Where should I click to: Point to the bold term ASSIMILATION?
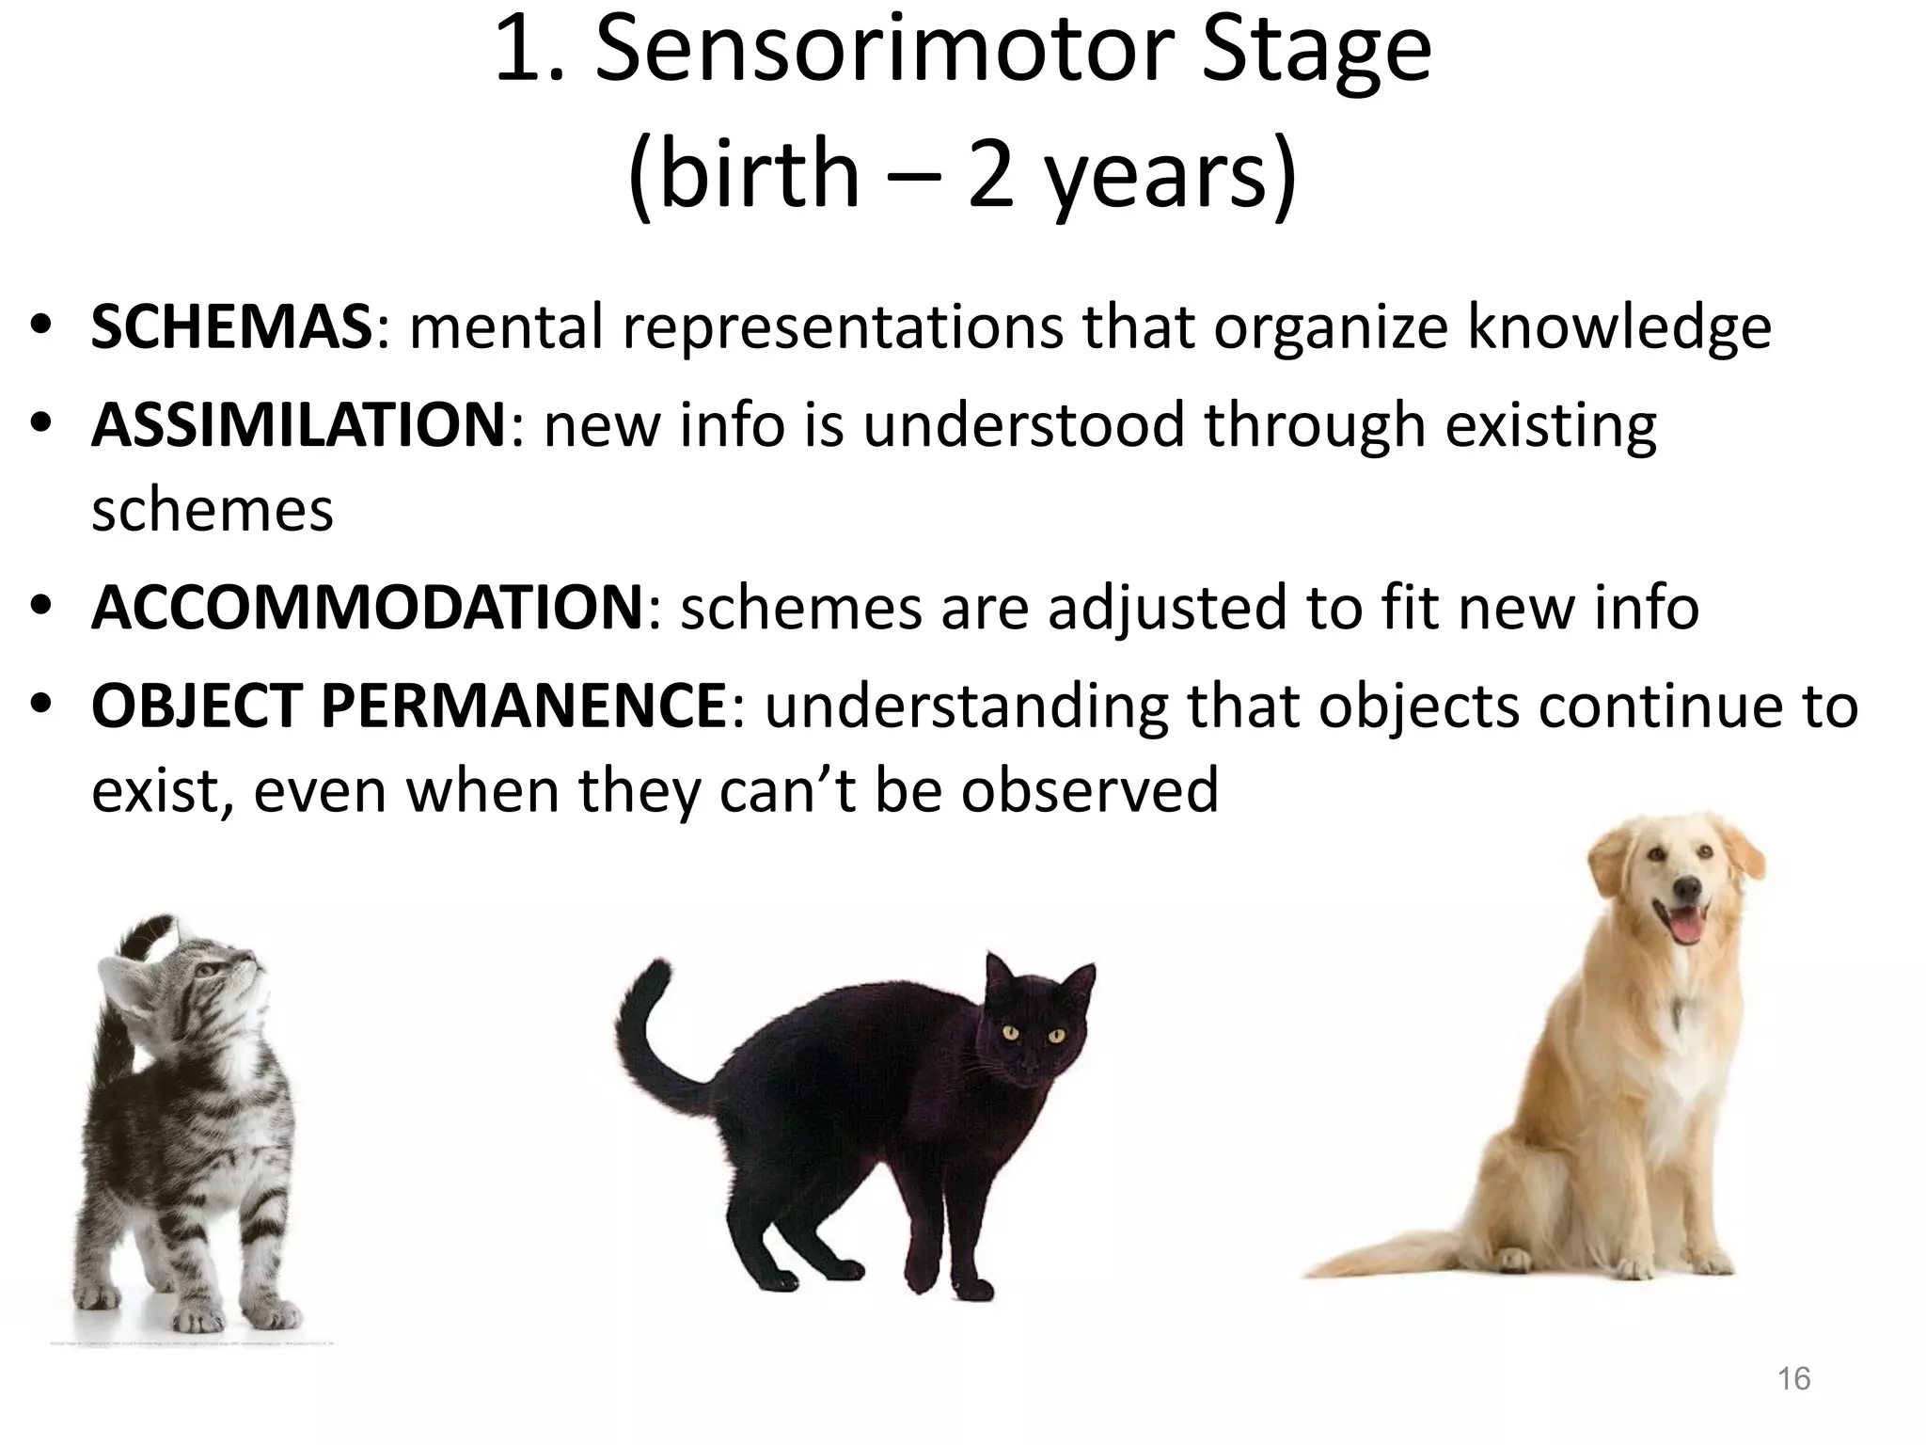click(299, 424)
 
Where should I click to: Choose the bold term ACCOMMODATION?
click(367, 607)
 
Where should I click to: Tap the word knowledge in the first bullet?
click(1618, 328)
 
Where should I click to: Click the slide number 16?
click(1793, 1379)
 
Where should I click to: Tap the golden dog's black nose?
click(1687, 886)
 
